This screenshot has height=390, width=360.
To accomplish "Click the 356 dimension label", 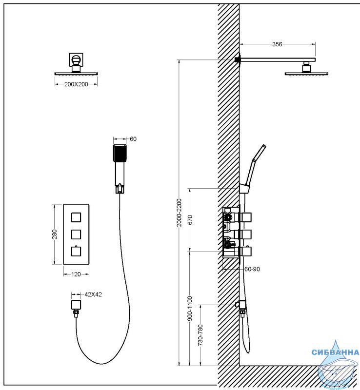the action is pos(277,44).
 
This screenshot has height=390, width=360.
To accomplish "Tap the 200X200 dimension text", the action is pos(76,84).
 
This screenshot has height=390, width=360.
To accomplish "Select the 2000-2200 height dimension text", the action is pos(179,213).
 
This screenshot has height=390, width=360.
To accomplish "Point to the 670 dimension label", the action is pos(190,220).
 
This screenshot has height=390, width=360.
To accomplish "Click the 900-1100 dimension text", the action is pos(190,309).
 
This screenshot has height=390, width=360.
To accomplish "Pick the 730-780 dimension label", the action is pos(200,335).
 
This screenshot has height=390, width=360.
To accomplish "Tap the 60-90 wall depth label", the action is pos(252,269).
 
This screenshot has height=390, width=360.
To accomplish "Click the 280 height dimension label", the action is pos(54,234).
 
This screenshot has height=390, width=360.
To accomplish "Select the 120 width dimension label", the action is pos(76,274).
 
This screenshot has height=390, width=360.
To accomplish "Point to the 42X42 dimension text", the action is pos(93,294).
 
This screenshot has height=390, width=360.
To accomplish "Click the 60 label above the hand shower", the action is pos(133,139).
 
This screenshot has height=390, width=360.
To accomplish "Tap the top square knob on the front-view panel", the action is pos(76,217).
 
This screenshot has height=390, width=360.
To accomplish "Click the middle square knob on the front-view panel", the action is pos(76,234).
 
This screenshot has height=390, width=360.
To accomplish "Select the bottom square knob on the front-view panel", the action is pos(76,251).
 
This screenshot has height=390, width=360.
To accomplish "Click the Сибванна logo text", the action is pos(335,352).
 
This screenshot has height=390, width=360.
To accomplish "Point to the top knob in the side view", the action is pos(246,217).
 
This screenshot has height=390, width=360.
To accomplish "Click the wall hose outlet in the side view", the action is pos(241,304).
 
